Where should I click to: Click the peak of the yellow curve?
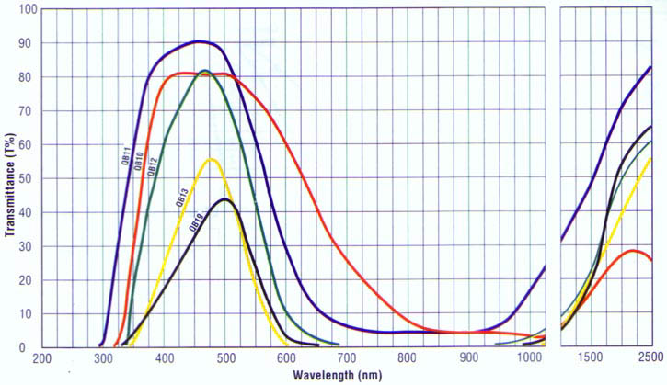pos(212,160)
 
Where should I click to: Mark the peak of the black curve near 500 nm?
pos(225,199)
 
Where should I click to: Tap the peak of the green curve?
pos(204,71)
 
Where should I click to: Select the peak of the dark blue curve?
pos(199,41)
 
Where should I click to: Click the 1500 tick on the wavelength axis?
pos(592,357)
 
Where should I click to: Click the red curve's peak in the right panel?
pos(632,250)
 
